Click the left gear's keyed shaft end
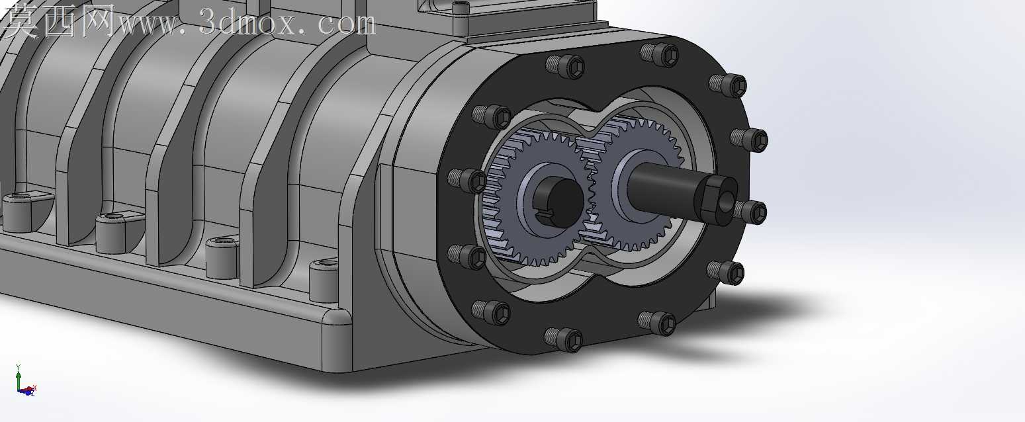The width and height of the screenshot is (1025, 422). [558, 202]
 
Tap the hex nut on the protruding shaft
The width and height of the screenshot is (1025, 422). [715, 200]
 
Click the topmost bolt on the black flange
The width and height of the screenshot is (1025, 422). [659, 54]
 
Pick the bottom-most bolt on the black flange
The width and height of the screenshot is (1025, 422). [563, 339]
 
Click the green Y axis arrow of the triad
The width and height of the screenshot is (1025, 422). [18, 377]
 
